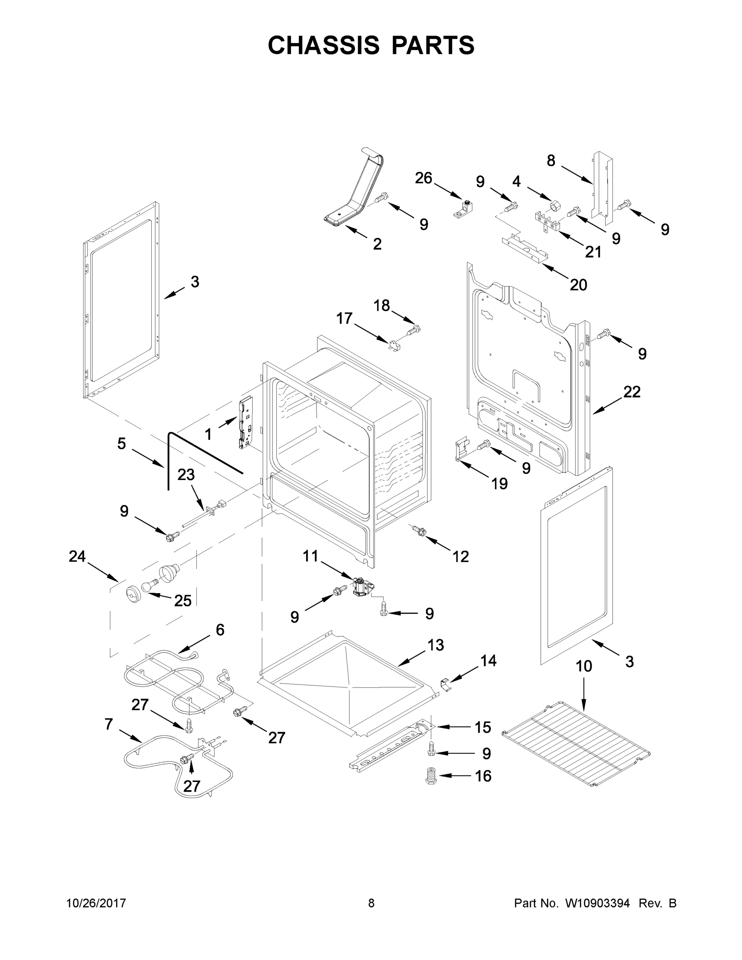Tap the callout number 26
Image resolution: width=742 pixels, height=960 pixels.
pos(423,178)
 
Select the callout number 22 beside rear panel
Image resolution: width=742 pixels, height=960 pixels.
pos(632,392)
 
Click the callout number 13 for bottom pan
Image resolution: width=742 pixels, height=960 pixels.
pos(435,645)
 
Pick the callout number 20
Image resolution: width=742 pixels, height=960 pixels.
pos(578,285)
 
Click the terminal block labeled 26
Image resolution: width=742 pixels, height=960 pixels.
pos(463,209)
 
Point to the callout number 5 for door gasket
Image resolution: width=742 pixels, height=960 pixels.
pos(122,444)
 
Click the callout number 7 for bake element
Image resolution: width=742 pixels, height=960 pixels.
pos(108,724)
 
